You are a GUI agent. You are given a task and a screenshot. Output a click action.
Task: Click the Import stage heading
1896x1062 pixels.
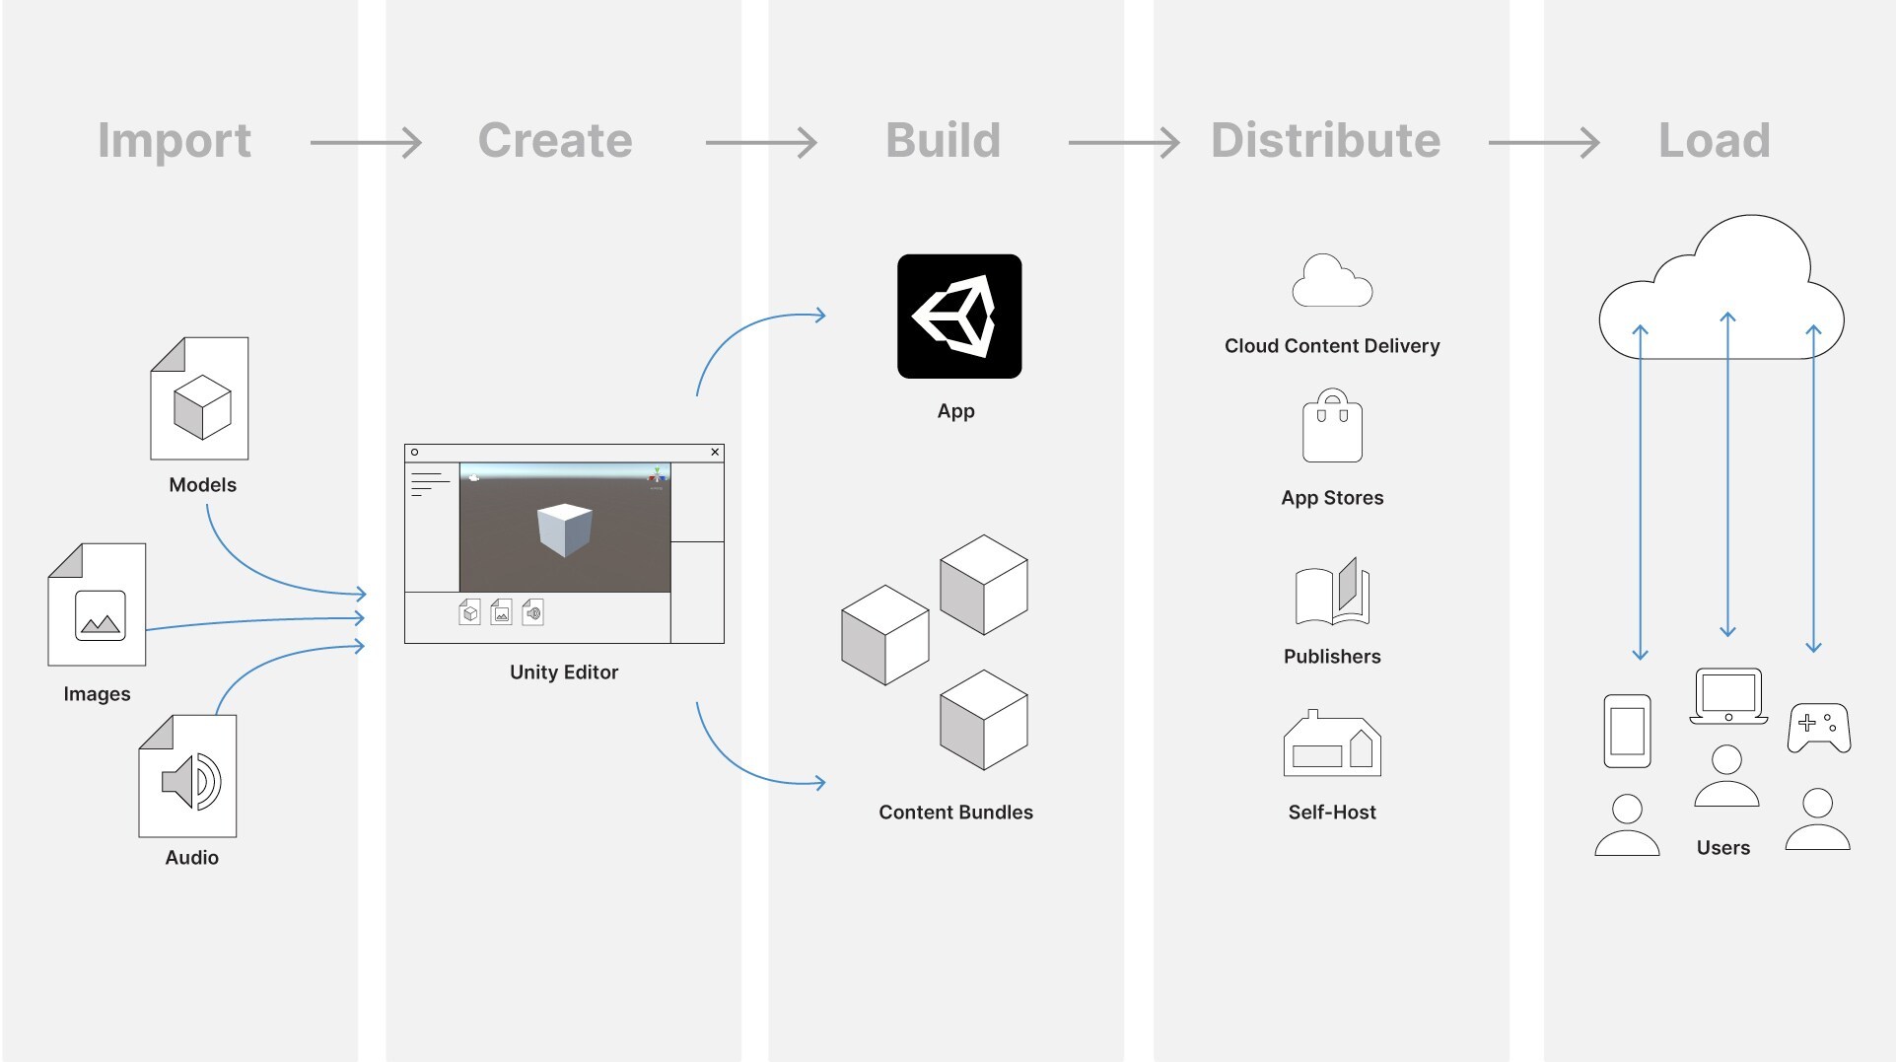click(175, 141)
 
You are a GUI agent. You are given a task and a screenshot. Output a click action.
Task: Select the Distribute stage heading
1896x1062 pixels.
click(1325, 140)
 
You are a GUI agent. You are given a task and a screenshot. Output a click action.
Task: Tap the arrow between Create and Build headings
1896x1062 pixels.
click(761, 143)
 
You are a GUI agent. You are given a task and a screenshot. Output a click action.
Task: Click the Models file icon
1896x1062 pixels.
click(199, 398)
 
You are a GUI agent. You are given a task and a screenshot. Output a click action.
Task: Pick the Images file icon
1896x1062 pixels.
click(97, 604)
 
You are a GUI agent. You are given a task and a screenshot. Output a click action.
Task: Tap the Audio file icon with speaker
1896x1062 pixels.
click(187, 776)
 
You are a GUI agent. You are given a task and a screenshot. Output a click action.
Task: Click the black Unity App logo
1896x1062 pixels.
click(959, 317)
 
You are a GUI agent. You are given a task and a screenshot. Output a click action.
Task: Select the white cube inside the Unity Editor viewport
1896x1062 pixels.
click(565, 530)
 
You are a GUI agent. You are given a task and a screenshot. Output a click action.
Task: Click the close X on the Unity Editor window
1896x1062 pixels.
click(716, 453)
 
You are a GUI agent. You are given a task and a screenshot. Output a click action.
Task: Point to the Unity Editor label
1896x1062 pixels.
click(564, 673)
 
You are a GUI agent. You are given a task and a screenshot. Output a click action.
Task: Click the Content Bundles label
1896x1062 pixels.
click(955, 813)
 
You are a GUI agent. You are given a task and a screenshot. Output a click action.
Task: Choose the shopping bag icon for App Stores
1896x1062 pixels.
click(1332, 426)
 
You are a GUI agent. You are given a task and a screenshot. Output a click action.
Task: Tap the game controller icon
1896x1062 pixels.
click(1819, 728)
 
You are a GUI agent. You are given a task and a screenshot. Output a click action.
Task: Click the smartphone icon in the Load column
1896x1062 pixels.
click(1627, 731)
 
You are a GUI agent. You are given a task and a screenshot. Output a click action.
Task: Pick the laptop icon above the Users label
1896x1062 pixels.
click(1728, 696)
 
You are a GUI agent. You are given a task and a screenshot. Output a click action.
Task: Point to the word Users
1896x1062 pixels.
click(1723, 848)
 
